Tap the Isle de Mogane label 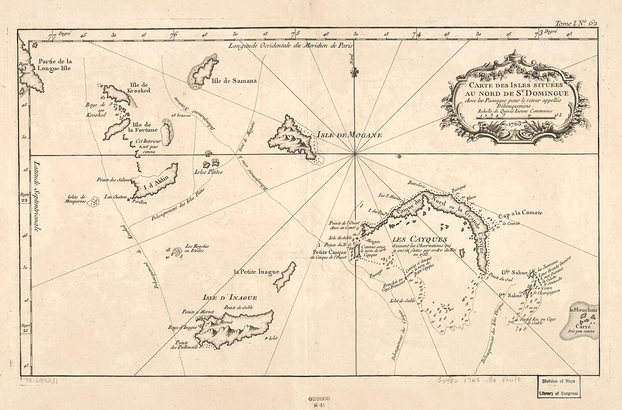click(349, 135)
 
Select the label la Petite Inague click(256, 272)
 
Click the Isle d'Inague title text click(230, 298)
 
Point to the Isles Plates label click(208, 172)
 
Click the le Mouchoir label click(583, 310)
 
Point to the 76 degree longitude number click(174, 35)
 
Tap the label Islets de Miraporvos click(75, 199)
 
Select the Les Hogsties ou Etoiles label click(197, 248)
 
